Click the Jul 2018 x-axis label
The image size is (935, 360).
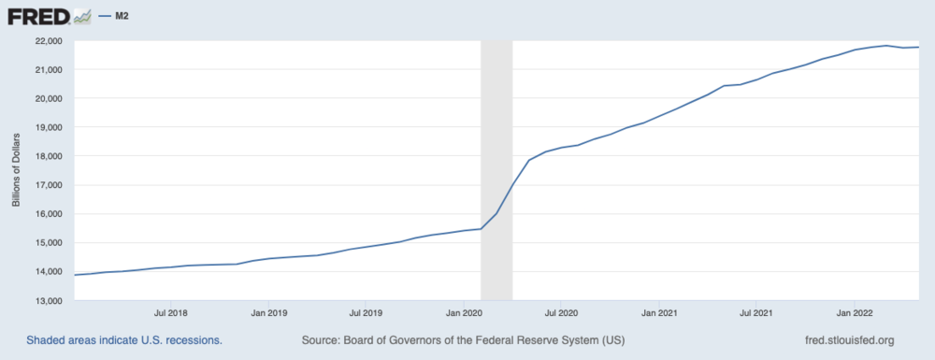[x=170, y=313]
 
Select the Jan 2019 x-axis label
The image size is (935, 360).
[x=269, y=313]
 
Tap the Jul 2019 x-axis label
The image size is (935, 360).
[x=366, y=313]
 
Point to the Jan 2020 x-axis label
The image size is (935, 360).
[x=465, y=313]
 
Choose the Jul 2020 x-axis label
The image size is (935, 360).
[x=562, y=313]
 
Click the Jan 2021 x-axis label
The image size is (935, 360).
[x=661, y=313]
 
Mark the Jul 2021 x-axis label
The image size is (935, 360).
[x=756, y=313]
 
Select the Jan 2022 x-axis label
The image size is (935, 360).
[x=856, y=313]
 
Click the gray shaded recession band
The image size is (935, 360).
[x=496, y=140]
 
